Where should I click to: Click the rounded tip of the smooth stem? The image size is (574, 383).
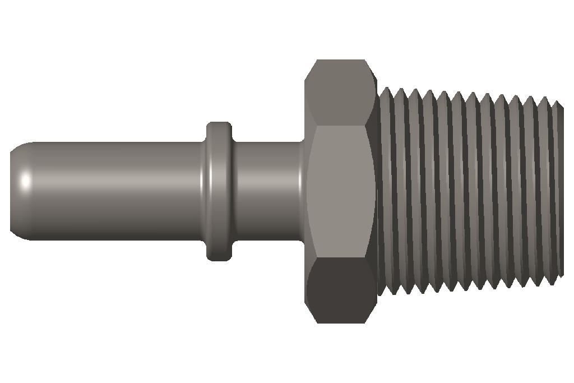pyautogui.click(x=13, y=191)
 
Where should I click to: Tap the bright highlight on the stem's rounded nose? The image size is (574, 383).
pyautogui.click(x=25, y=182)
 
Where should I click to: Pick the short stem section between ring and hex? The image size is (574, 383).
pyautogui.click(x=266, y=191)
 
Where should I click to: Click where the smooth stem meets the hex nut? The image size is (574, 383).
pyautogui.click(x=303, y=191)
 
